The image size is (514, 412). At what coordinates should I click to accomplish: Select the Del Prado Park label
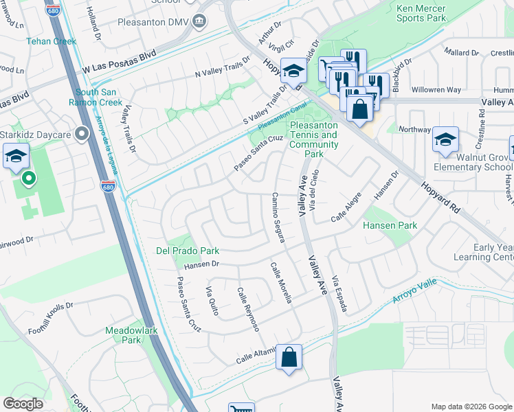point(181,251)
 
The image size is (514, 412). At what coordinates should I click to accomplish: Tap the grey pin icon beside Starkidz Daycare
point(83,133)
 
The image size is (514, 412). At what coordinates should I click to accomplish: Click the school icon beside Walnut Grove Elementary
point(445,141)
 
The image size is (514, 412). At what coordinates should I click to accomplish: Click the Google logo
point(23,404)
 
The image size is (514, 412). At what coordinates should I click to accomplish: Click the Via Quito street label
point(212,301)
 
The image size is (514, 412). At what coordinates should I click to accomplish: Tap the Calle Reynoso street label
point(247,309)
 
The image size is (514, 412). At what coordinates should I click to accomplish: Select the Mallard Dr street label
point(461,52)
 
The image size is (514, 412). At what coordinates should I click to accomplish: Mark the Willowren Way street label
point(436,90)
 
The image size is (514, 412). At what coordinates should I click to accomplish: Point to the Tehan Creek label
point(51,41)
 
